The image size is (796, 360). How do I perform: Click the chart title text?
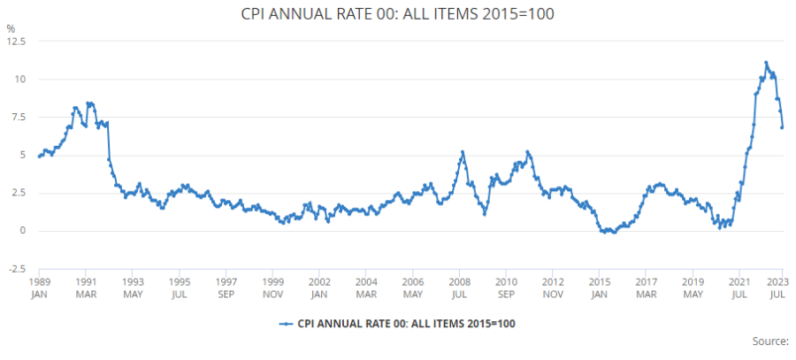397,15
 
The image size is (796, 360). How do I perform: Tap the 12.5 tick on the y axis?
16,42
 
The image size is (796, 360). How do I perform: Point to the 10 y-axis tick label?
20,80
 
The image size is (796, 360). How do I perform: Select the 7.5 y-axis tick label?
19,118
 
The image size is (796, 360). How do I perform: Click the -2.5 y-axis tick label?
17,269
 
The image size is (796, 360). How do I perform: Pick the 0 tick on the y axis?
24,231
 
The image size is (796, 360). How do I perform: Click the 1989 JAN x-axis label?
39,287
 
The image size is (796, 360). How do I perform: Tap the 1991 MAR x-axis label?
86,287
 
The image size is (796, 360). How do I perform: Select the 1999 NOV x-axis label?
272,287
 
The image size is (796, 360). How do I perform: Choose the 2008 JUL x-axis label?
459,287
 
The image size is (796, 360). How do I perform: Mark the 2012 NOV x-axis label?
552,287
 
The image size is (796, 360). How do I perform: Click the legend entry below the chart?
397,324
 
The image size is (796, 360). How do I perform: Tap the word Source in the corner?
769,341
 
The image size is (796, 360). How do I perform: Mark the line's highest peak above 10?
766,63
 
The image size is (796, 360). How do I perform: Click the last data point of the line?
782,127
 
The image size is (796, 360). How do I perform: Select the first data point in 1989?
39,157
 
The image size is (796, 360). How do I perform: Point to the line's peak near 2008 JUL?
463,152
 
